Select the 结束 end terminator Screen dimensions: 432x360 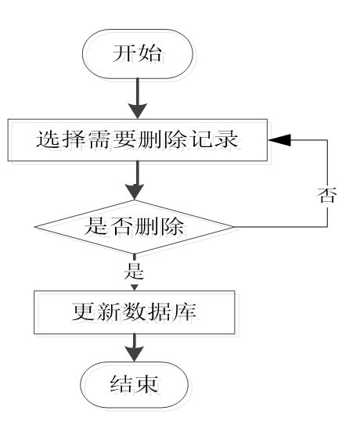135,384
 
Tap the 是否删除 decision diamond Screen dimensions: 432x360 135,228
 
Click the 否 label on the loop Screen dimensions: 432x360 329,196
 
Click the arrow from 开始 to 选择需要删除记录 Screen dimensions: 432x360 135,101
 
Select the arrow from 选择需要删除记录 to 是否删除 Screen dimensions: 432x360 135,181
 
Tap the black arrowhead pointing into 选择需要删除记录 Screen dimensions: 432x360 279,139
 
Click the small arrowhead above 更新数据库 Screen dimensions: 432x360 134,287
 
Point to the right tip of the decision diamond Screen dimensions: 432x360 233,228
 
